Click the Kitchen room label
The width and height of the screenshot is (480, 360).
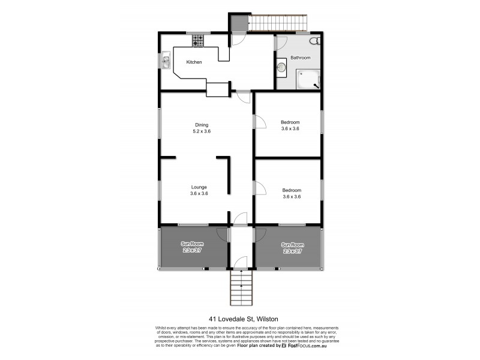pos(194,62)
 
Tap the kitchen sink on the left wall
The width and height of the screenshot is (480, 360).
pos(166,60)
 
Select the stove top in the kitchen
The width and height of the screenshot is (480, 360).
pos(198,41)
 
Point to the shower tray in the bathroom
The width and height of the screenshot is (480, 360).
pos(309,79)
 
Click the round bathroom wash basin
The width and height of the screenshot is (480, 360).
pos(281,68)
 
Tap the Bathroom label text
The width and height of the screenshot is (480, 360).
pos(301,58)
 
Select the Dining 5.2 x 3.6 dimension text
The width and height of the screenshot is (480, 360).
pos(202,131)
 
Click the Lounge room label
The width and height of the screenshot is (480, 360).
pos(199,187)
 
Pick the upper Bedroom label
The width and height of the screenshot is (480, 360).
pos(290,122)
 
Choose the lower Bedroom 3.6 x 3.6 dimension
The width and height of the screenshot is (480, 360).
pos(291,196)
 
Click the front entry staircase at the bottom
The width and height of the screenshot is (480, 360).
pos(241,288)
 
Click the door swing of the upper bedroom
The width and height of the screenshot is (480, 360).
pos(260,122)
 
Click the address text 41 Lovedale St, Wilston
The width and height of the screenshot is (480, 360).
pos(240,319)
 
